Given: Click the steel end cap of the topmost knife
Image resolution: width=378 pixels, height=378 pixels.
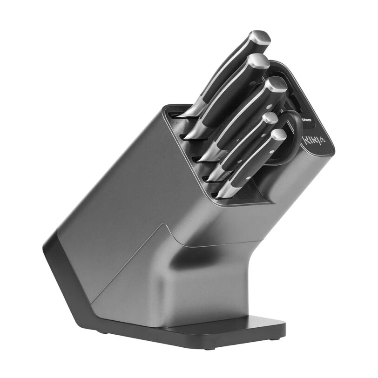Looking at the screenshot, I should pos(260,38).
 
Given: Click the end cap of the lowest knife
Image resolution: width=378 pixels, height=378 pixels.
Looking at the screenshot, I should pos(278,135).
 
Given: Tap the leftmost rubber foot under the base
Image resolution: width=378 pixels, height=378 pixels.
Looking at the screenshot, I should pos(102,331).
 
